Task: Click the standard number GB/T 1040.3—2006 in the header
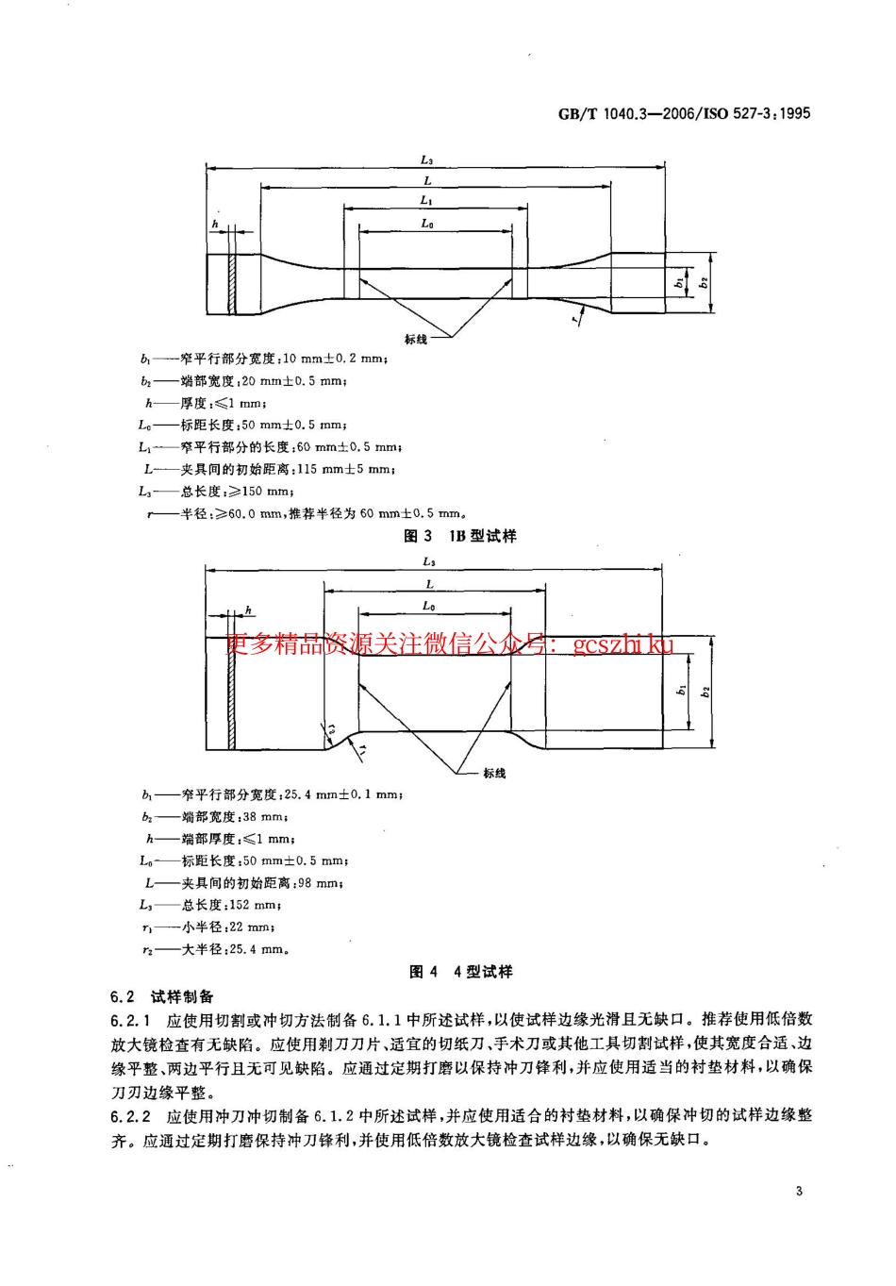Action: click(x=623, y=113)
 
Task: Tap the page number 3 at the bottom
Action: click(x=799, y=1192)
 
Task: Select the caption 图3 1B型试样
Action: click(x=460, y=536)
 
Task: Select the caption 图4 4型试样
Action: click(x=460, y=972)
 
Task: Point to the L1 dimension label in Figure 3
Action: click(x=426, y=201)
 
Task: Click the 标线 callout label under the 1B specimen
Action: click(x=415, y=339)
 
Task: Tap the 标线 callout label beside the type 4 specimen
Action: click(x=494, y=773)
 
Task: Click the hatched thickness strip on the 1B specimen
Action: click(x=230, y=284)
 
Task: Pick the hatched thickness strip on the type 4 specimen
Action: click(x=230, y=693)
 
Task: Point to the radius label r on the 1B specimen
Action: click(x=573, y=321)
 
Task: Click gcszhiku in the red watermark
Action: click(x=622, y=645)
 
